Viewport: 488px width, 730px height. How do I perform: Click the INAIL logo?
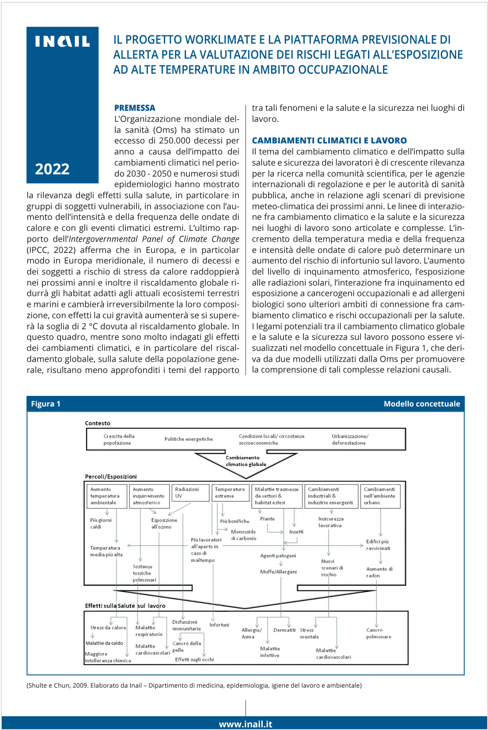[62, 41]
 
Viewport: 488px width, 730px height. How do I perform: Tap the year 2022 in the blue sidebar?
[52, 169]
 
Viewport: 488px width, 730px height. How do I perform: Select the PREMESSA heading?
[135, 108]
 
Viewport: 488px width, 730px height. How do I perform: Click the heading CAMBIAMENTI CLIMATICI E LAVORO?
[329, 140]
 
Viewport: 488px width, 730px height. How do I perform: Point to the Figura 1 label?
[45, 404]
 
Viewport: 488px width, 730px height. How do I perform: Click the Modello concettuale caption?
[421, 404]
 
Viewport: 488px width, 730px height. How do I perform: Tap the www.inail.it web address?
[246, 724]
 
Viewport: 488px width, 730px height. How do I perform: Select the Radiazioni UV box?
[190, 493]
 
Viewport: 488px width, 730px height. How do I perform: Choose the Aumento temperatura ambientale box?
[106, 496]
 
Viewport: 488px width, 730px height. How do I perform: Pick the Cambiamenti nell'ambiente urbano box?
[380, 496]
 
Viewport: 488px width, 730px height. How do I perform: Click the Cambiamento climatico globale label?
[246, 461]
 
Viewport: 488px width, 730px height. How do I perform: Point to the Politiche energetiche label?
[189, 439]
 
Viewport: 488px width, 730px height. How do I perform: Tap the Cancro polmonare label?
[378, 633]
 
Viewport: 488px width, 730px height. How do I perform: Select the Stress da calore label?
[108, 628]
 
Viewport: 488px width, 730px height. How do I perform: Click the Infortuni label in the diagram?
[219, 625]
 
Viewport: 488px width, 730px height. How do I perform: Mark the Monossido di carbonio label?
[243, 535]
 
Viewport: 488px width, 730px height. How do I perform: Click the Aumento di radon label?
[379, 572]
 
